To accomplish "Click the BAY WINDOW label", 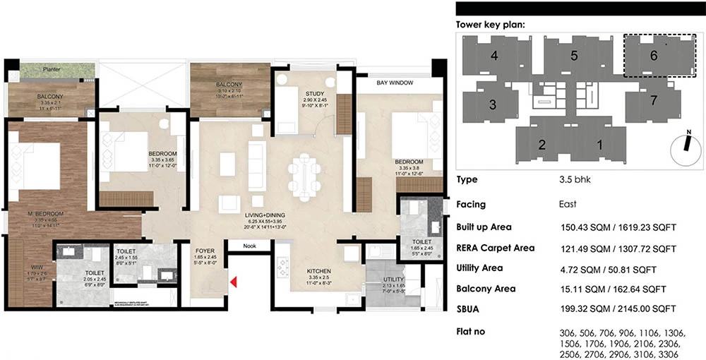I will tap(395, 83).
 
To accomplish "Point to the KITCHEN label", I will tap(318, 270).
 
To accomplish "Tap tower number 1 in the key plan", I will tap(599, 145).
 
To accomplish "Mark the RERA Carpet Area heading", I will tap(495, 248).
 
